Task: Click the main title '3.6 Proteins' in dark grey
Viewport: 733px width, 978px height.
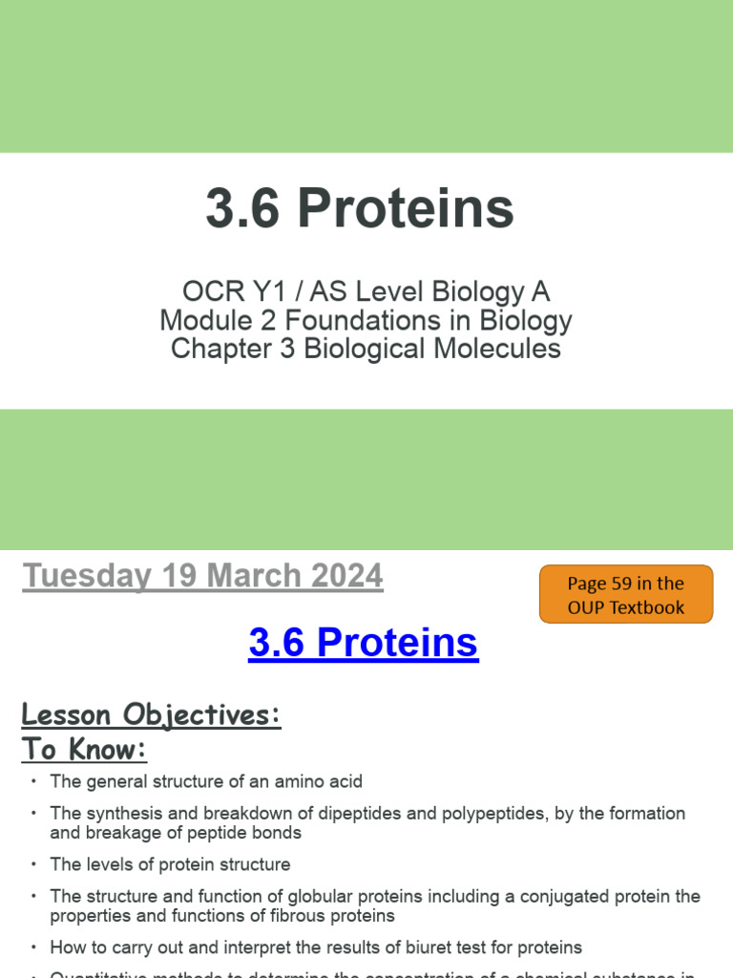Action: [x=360, y=209]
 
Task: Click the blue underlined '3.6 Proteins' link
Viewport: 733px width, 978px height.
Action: [x=363, y=643]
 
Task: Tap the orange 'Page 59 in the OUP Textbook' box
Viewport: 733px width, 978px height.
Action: [x=625, y=595]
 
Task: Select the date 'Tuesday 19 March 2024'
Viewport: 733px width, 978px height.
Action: [x=202, y=577]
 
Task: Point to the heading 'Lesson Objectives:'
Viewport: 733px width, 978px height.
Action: [x=151, y=714]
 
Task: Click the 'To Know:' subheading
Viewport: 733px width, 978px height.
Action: [x=84, y=750]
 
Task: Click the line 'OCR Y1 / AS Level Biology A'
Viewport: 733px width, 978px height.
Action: [x=366, y=292]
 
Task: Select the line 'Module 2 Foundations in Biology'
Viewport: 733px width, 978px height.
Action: [x=366, y=321]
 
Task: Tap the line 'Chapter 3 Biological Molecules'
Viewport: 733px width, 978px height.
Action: [x=366, y=349]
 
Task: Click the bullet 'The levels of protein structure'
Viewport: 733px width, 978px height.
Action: [x=170, y=865]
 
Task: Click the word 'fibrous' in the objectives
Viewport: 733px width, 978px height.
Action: [x=295, y=916]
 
